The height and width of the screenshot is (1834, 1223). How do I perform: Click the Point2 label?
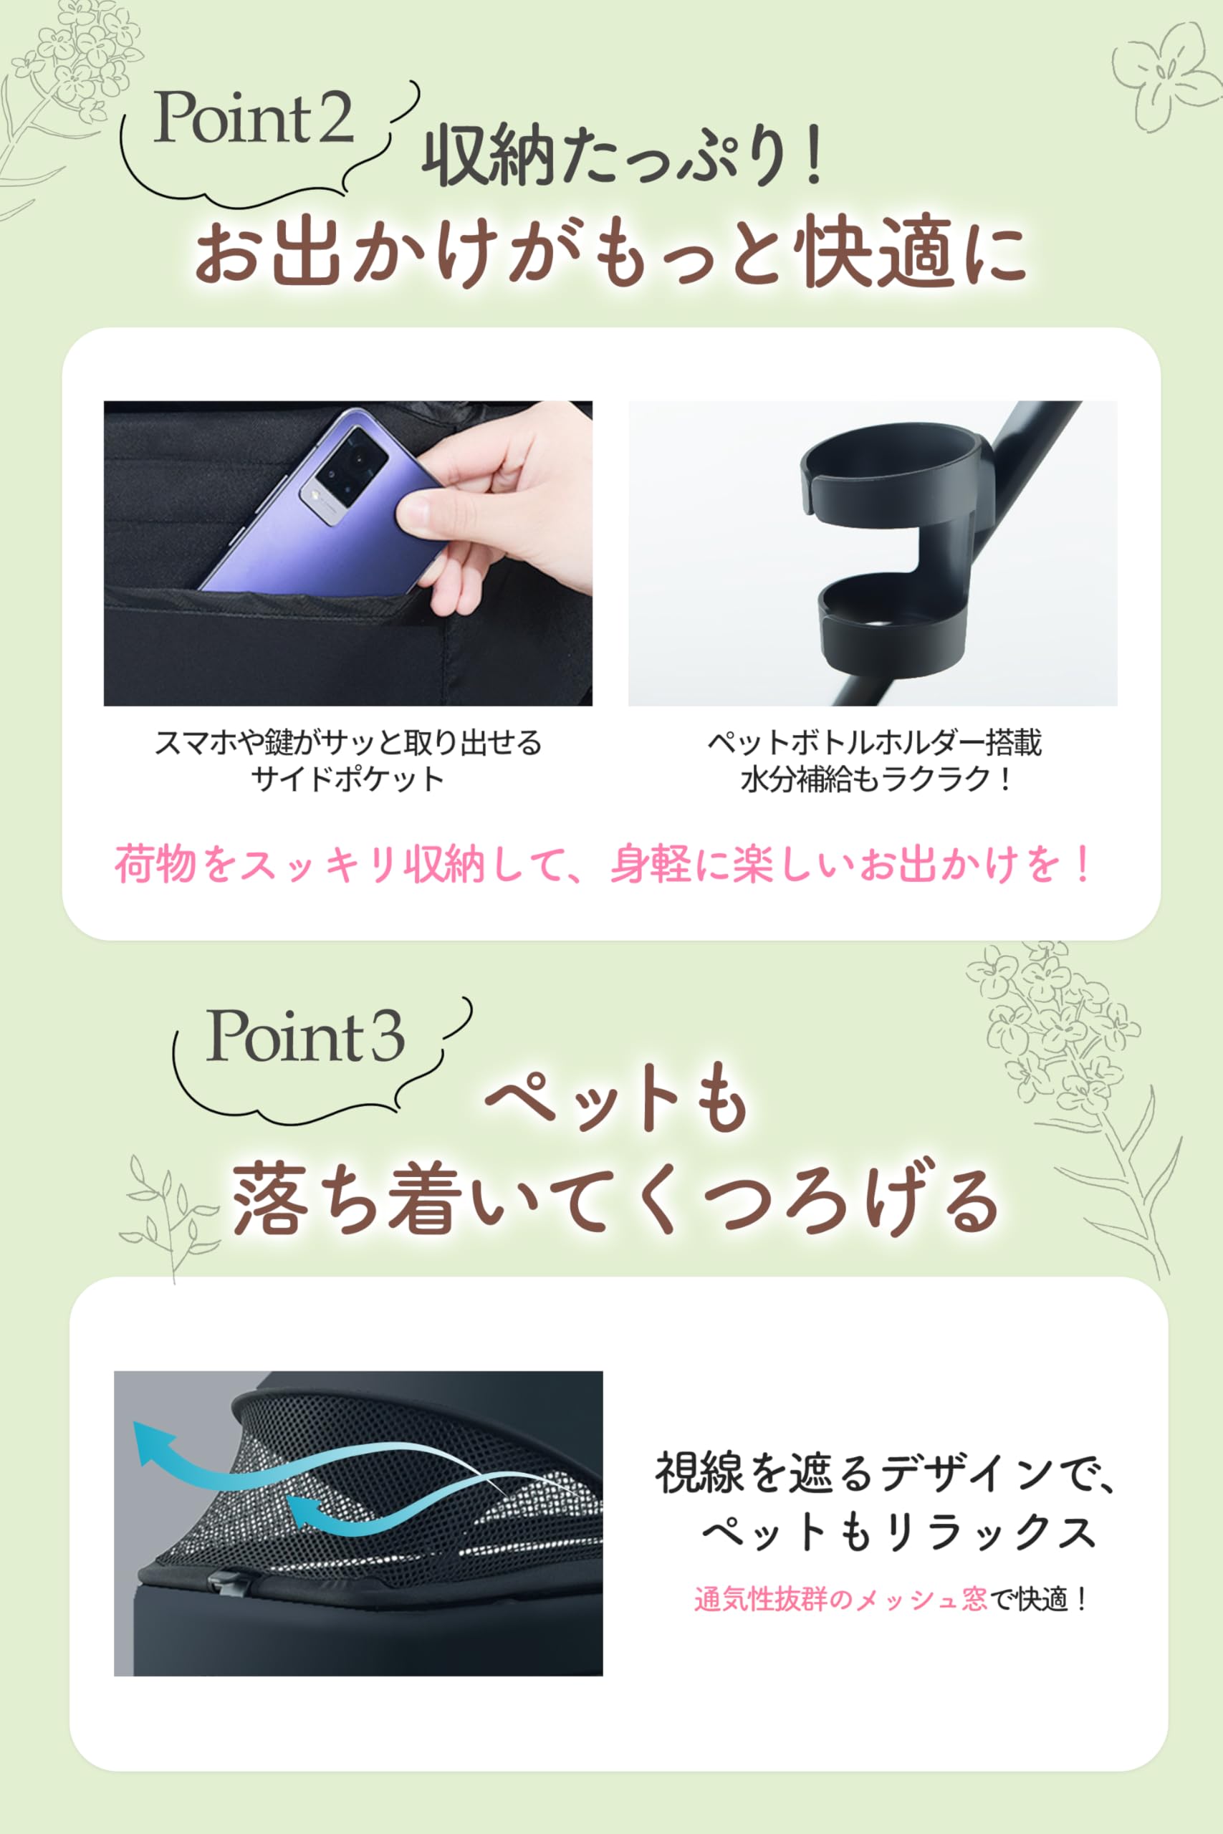coord(254,120)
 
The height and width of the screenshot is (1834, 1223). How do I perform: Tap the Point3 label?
coord(304,1037)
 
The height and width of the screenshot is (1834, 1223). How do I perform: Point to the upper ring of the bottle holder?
coord(889,468)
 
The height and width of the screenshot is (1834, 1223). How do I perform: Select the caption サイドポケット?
coord(348,779)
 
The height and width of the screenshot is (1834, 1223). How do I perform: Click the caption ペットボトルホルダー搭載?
coord(873,742)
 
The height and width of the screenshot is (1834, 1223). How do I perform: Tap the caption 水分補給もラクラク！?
coord(873,779)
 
